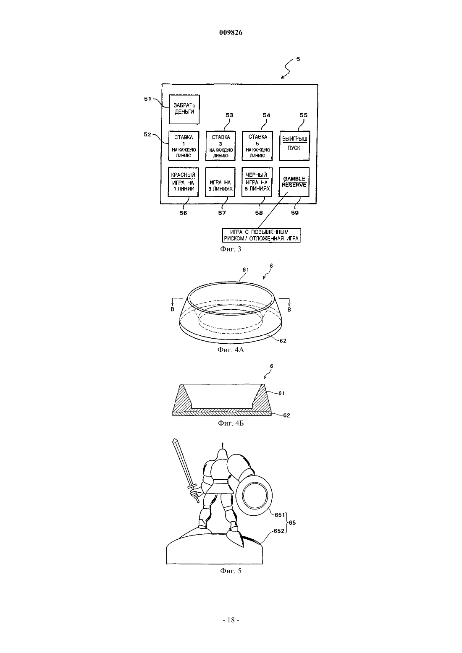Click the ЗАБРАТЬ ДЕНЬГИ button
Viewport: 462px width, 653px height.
184,109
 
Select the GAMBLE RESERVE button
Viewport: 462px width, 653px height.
294,182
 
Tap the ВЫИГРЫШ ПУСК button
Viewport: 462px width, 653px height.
294,146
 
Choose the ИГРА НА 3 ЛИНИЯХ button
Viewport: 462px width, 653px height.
220,182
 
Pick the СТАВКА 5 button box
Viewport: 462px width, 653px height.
257,146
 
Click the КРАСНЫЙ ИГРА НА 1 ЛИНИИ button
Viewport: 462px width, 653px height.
184,182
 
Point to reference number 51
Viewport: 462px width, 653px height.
148,99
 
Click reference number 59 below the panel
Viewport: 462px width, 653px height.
295,213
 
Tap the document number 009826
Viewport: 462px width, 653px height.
231,32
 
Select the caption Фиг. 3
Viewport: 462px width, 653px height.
231,249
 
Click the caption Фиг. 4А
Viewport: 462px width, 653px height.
231,350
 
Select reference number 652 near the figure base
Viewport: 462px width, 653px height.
279,531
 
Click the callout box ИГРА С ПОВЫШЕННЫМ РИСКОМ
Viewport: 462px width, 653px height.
261,235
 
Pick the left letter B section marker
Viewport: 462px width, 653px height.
172,309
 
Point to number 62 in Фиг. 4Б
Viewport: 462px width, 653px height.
286,415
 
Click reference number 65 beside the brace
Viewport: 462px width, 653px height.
292,522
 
